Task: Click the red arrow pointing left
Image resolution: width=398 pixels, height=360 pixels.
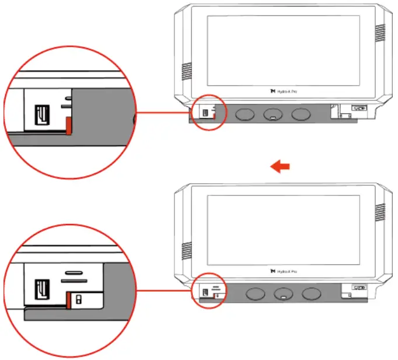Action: (281, 167)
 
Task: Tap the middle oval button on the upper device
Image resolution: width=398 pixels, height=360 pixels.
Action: (273, 115)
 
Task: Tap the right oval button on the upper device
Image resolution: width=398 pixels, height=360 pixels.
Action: (301, 115)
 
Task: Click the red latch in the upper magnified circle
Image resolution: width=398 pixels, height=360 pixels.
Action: (68, 125)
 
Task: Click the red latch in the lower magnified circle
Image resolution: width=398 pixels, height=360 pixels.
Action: (68, 300)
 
